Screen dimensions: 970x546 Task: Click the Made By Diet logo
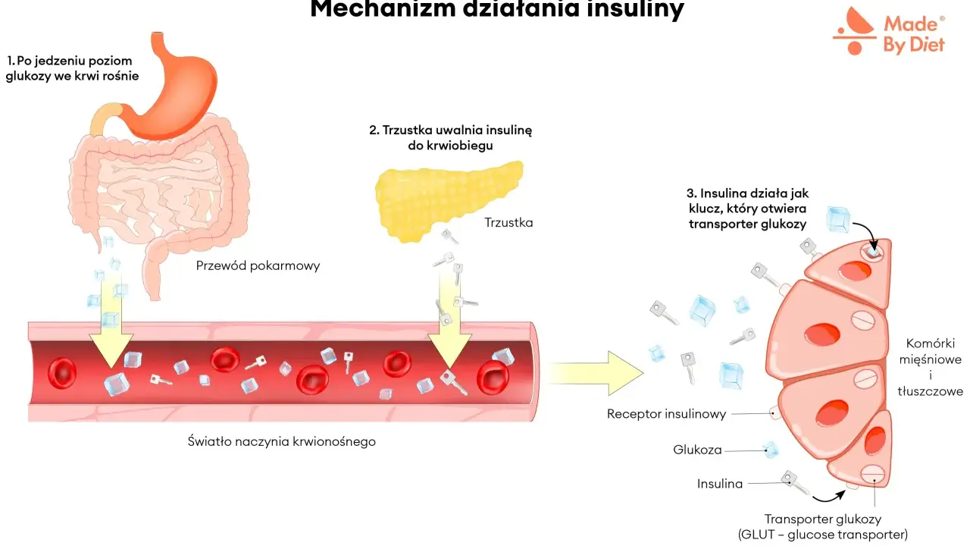coord(889,31)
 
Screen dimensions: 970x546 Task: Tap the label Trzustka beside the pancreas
coord(508,223)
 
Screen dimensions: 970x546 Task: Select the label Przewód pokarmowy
coord(258,265)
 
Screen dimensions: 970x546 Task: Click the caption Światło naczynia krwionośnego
coord(281,441)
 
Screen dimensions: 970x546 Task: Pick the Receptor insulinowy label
coord(666,414)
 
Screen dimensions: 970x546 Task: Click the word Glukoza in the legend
coord(697,450)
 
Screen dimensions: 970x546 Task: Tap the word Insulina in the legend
coord(720,484)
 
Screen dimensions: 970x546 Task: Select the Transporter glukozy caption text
coord(823,526)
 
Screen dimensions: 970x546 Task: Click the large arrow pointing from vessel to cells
coord(595,373)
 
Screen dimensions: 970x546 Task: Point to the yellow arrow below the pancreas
coord(449,321)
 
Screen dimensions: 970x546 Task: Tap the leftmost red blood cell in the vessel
coord(62,372)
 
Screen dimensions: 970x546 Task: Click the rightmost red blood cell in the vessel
coord(493,378)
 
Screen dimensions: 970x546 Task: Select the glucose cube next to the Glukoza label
coord(771,450)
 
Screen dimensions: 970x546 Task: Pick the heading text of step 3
coord(748,209)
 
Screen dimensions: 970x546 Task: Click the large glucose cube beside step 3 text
coord(838,219)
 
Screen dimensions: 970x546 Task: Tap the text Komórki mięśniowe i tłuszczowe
coord(930,368)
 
